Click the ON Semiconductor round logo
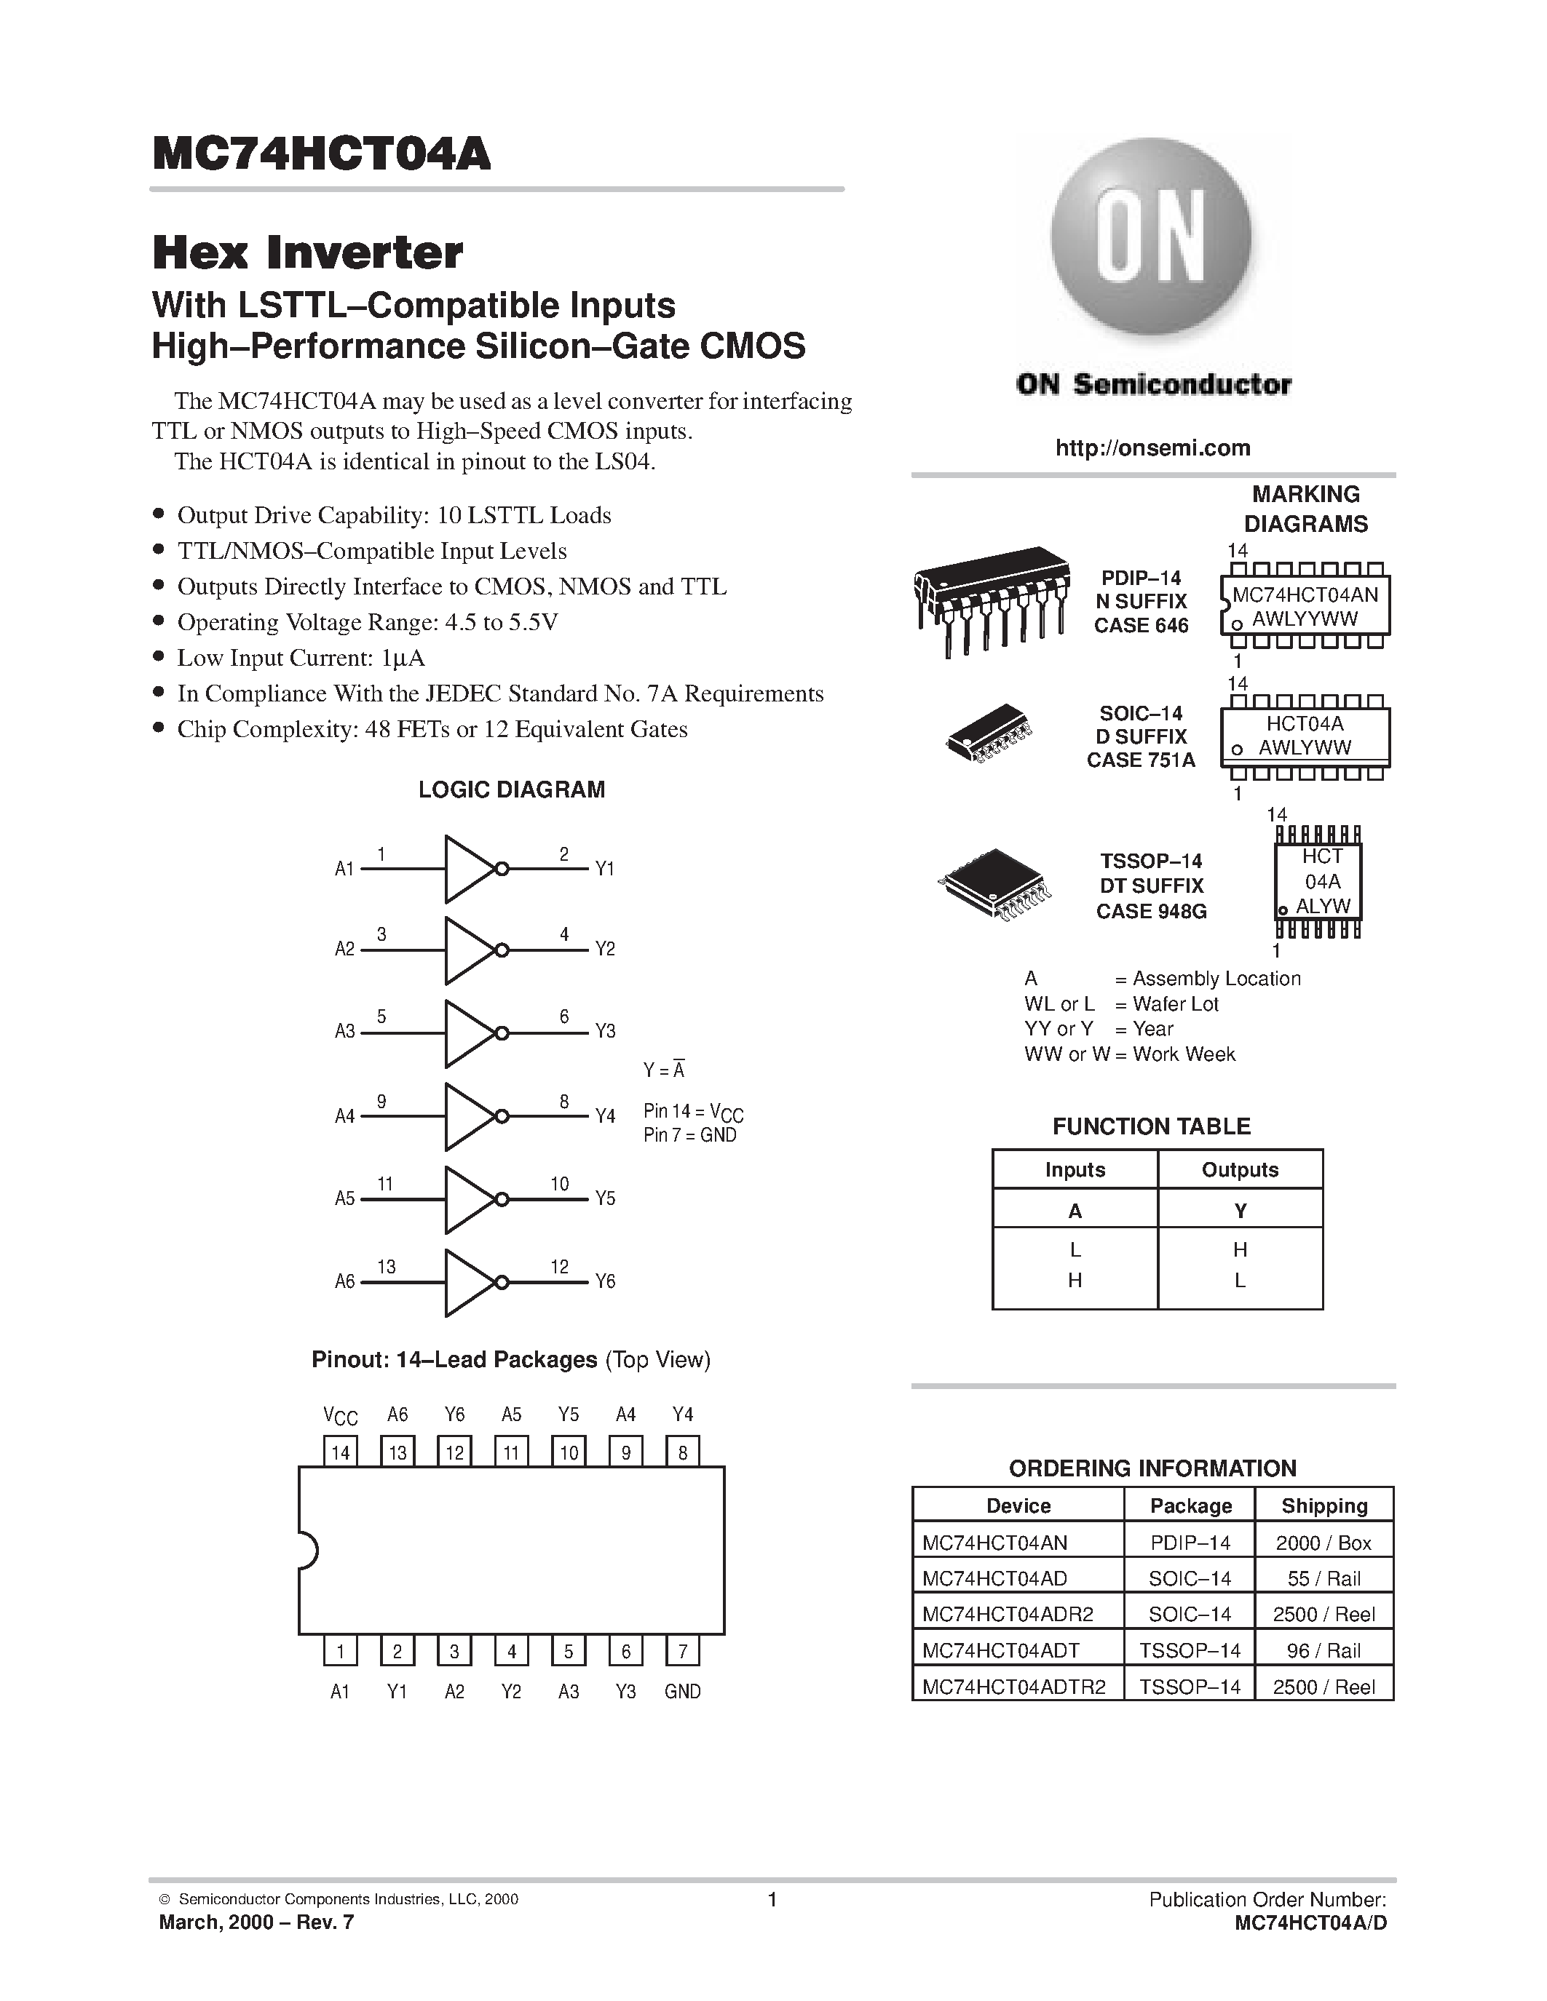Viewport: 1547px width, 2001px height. pos(1151,241)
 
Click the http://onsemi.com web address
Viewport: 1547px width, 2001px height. pos(1152,448)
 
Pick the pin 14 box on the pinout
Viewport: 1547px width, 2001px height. pos(341,1452)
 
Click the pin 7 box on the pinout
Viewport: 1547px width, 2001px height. pos(683,1652)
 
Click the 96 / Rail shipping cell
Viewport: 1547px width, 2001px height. pos(1324,1650)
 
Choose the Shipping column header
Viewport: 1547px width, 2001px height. pos(1324,1505)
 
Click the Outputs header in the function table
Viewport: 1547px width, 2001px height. pos(1239,1170)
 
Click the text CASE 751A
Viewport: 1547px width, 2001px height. pos(1140,760)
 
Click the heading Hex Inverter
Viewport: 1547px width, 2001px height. pos(308,253)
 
